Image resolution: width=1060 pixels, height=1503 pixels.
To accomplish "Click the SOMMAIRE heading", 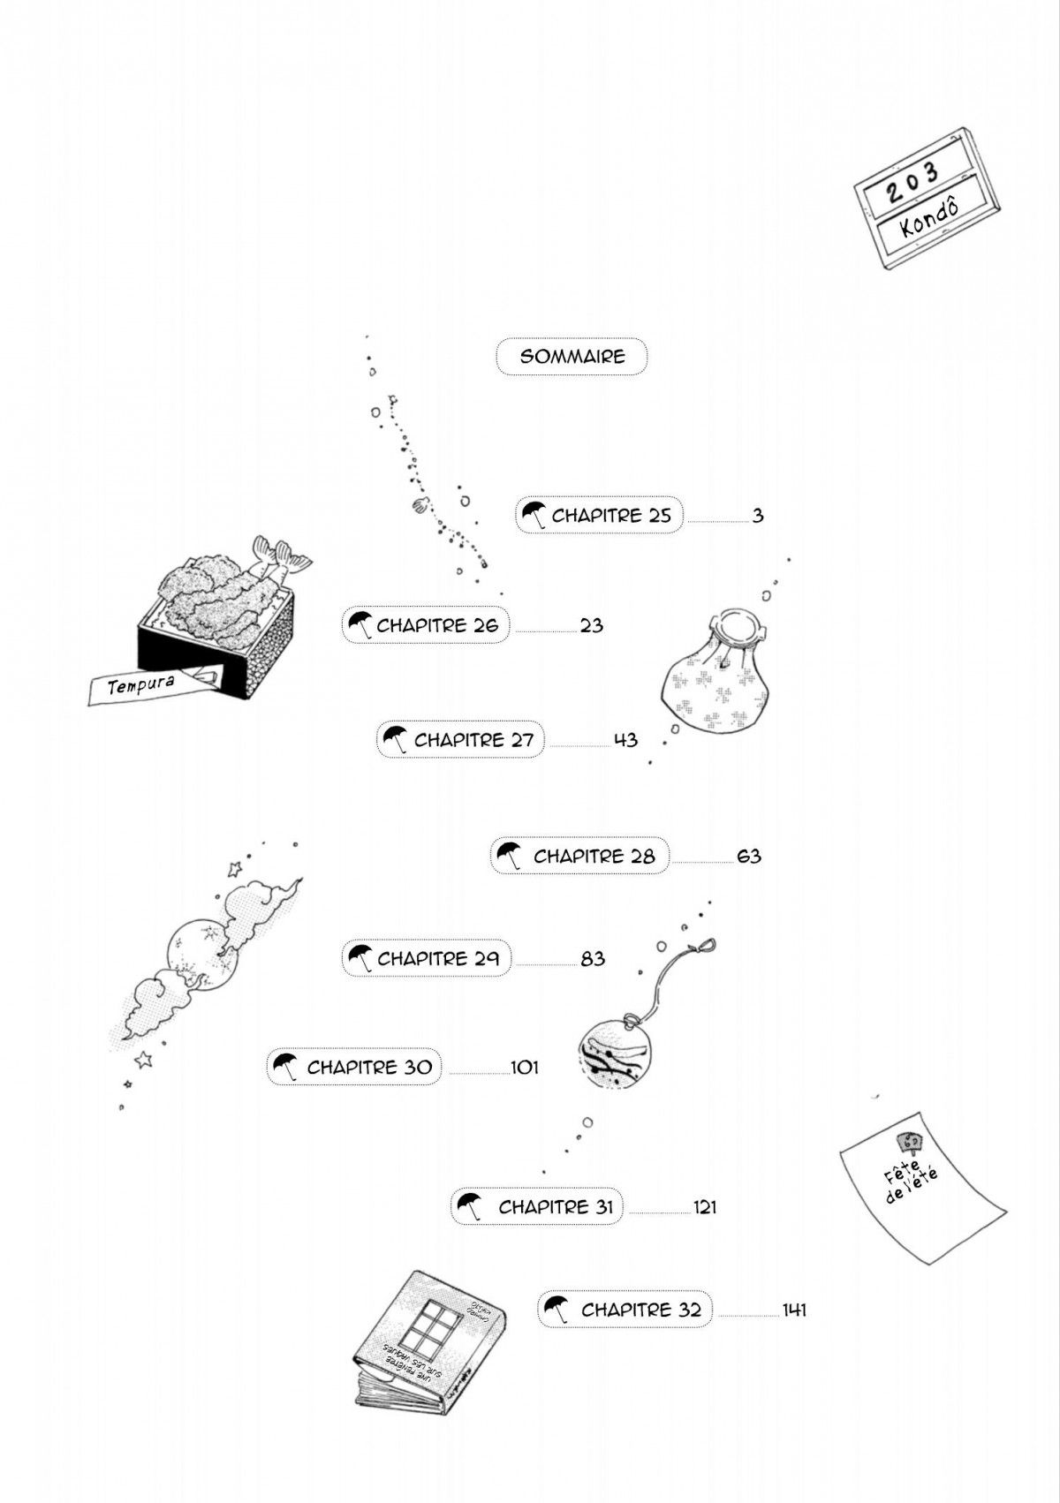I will [572, 357].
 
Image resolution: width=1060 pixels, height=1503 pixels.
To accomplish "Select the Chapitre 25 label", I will [611, 516].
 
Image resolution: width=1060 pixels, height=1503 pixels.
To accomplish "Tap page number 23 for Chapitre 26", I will [591, 626].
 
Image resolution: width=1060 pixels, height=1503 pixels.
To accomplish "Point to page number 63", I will [748, 857].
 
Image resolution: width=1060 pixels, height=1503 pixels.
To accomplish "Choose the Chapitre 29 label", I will [438, 958].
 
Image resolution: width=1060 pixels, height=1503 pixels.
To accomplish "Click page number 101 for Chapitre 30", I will [524, 1068].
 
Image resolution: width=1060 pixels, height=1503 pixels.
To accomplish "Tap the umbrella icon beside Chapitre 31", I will [469, 1205].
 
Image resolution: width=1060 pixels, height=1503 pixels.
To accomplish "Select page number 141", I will [794, 1310].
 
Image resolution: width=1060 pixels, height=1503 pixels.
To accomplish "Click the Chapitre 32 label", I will [640, 1310].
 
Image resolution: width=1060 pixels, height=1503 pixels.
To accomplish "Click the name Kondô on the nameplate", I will [931, 215].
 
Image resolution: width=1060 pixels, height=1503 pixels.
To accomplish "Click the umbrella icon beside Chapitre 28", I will [508, 856].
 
